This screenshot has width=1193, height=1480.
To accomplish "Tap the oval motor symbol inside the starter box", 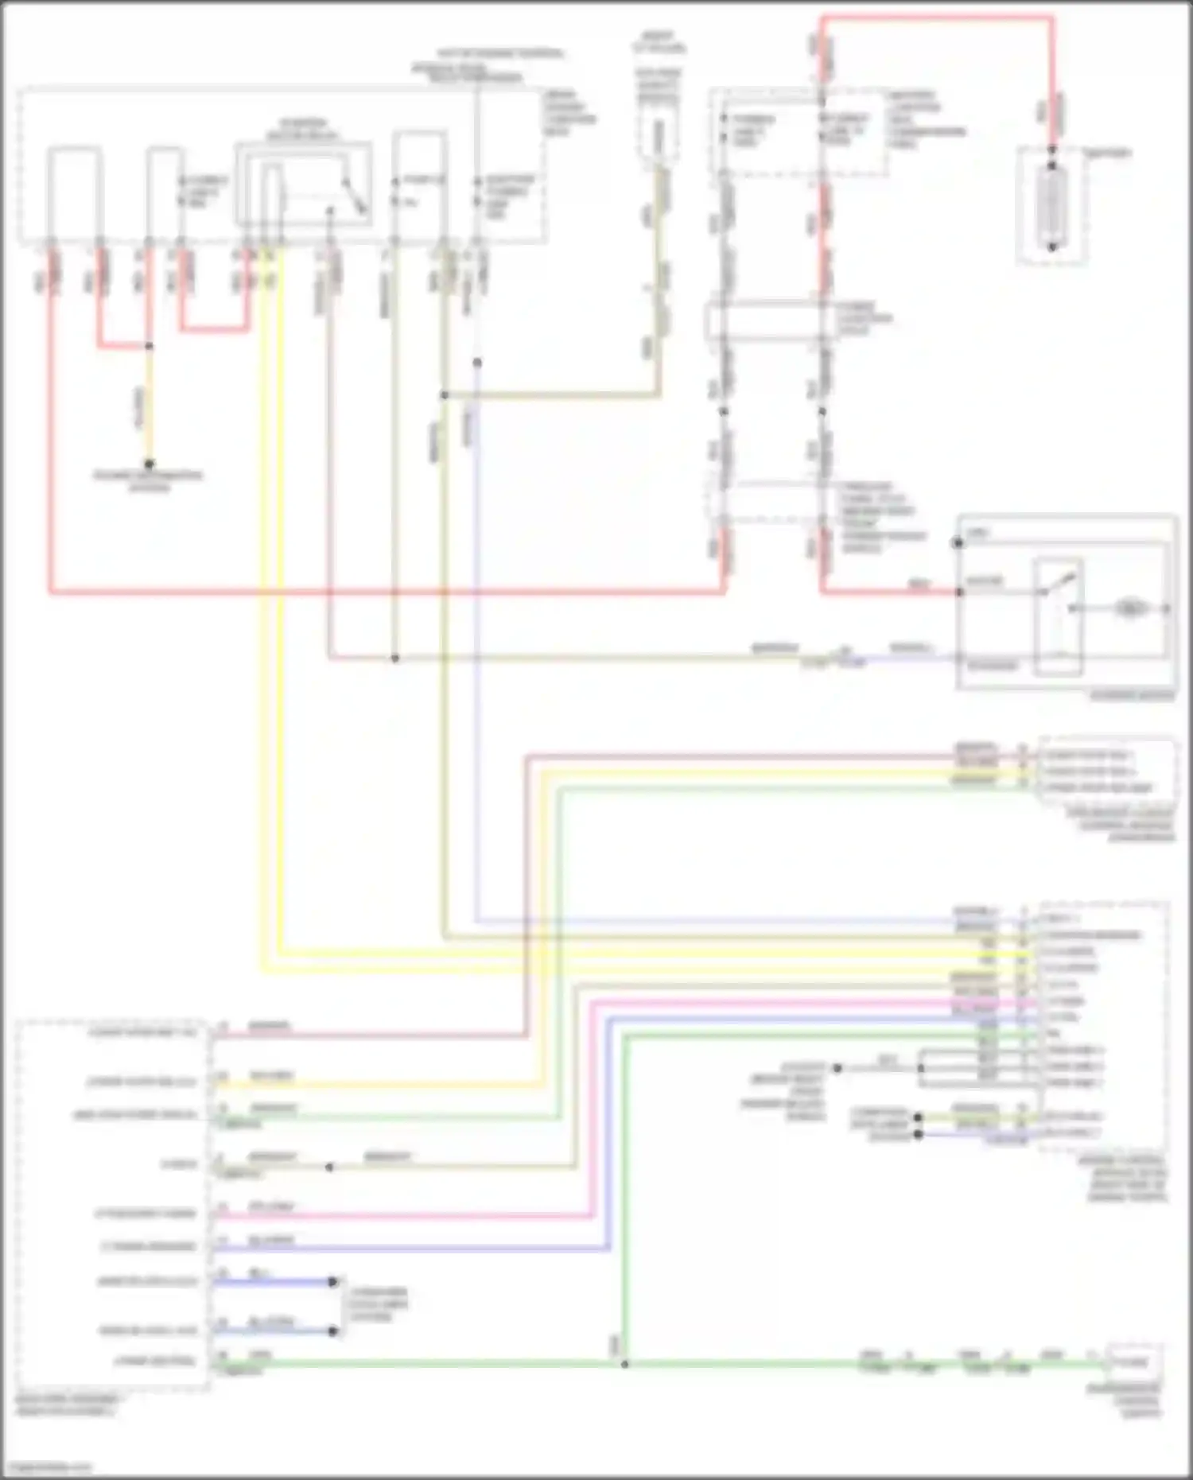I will click(1129, 608).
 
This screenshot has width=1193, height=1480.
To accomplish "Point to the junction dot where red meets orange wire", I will click(149, 347).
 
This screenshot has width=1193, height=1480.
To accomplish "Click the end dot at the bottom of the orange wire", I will click(149, 464).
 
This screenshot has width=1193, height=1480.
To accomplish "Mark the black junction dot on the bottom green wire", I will click(624, 1365).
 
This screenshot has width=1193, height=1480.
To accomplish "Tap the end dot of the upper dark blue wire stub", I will click(333, 1281).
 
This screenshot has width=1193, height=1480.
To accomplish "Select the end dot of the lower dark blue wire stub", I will click(333, 1330).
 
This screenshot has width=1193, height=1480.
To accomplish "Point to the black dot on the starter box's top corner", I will click(958, 543).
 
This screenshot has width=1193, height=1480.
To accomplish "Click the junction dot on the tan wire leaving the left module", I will click(329, 1167).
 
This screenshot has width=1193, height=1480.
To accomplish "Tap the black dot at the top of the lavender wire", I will click(477, 363).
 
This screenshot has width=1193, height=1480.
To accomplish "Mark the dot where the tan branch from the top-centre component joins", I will click(445, 394).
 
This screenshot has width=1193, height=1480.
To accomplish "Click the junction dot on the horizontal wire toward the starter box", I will click(394, 658).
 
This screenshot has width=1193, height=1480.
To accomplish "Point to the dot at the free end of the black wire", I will click(837, 1068).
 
